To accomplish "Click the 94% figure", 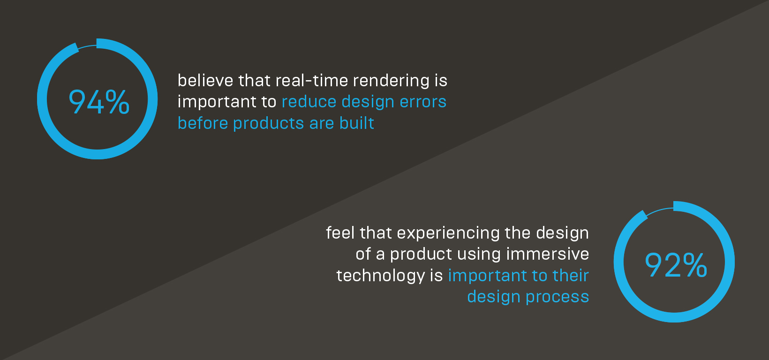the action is (x=99, y=102).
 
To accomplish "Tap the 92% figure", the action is (x=676, y=264).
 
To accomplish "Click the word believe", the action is (x=205, y=80).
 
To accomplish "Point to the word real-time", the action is (x=312, y=80).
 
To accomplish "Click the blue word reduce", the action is (x=309, y=102).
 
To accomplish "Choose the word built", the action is (x=357, y=123).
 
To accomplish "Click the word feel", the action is (x=340, y=232).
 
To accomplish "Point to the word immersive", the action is (x=548, y=254).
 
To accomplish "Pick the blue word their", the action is (x=571, y=275).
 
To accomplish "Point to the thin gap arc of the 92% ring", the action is (x=659, y=210).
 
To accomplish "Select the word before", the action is (x=203, y=123).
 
